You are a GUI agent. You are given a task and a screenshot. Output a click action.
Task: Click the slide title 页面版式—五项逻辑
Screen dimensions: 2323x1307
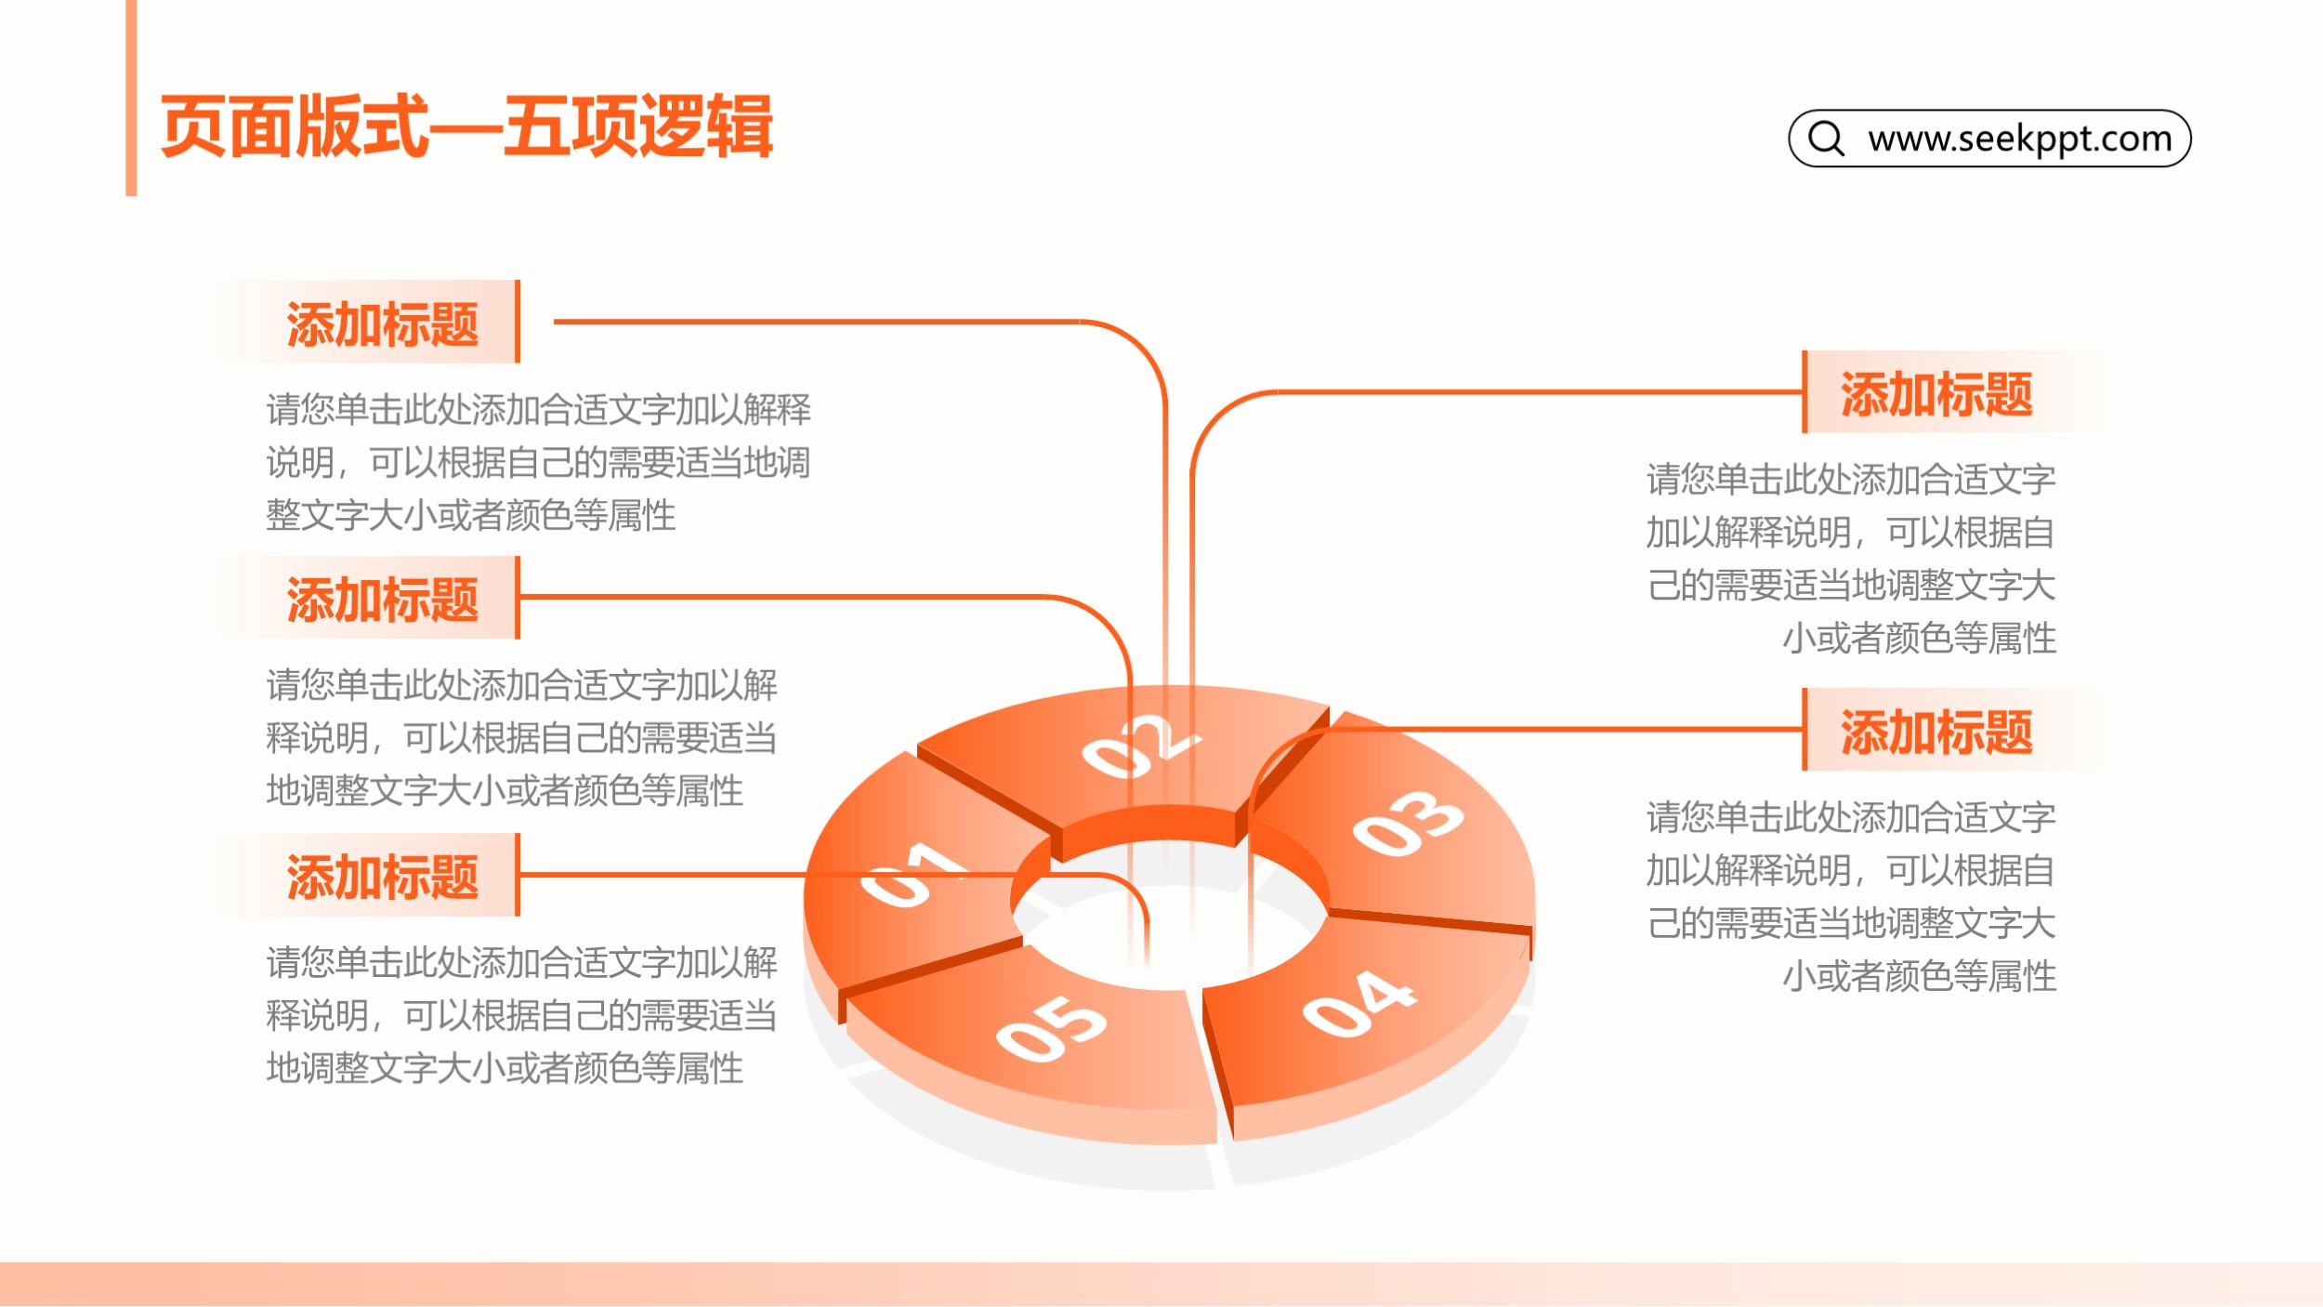(x=466, y=126)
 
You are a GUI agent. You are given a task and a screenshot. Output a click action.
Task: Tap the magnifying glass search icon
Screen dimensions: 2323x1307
(x=1827, y=139)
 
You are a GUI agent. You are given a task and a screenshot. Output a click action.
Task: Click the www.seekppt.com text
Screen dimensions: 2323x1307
(x=2020, y=139)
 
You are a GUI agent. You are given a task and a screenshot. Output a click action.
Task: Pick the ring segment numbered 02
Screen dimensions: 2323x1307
(x=1134, y=753)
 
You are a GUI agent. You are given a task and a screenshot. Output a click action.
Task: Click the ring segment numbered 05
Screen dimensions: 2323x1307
(x=1041, y=1041)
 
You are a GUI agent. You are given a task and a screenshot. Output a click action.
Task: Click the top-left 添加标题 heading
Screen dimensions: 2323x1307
(x=382, y=324)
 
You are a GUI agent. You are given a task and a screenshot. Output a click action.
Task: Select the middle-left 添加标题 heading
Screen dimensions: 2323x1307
(x=382, y=600)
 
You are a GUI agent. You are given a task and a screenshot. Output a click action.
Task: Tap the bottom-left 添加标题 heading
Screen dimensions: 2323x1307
(x=382, y=877)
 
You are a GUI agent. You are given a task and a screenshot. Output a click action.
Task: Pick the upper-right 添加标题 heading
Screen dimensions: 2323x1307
(x=1937, y=394)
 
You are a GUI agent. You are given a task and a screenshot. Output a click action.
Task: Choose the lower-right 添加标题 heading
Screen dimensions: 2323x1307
(x=1937, y=733)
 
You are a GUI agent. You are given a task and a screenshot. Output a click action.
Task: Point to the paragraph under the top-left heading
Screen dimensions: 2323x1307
(x=539, y=462)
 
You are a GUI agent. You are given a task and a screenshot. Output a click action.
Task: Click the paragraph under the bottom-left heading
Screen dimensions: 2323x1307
(x=521, y=1015)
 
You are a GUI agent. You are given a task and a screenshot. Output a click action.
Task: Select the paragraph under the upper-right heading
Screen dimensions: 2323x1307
(x=1851, y=559)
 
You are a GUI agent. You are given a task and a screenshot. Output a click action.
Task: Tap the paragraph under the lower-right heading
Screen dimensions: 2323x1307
(x=1851, y=897)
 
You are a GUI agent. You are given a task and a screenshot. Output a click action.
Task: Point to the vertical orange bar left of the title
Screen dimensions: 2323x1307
(x=131, y=98)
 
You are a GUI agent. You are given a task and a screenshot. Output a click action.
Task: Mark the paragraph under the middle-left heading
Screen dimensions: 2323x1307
(x=521, y=738)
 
